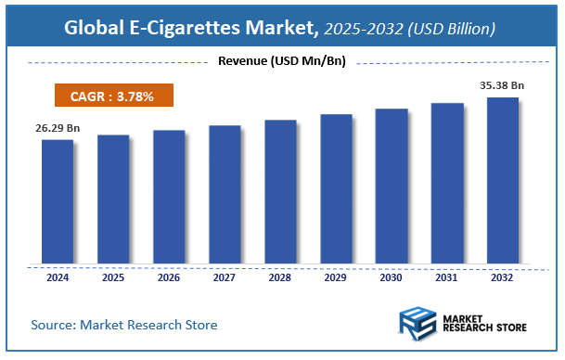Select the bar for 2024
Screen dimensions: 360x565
click(x=58, y=200)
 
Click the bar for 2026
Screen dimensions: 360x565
click(x=169, y=196)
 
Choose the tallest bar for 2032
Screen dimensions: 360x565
click(x=503, y=179)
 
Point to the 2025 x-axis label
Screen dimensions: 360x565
click(x=113, y=276)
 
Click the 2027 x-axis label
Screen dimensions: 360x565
click(x=225, y=276)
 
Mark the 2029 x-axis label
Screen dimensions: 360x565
click(x=336, y=276)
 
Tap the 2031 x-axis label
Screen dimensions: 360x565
click(x=447, y=276)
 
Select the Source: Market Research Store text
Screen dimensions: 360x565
click(x=124, y=325)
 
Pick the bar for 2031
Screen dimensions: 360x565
click(x=447, y=182)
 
